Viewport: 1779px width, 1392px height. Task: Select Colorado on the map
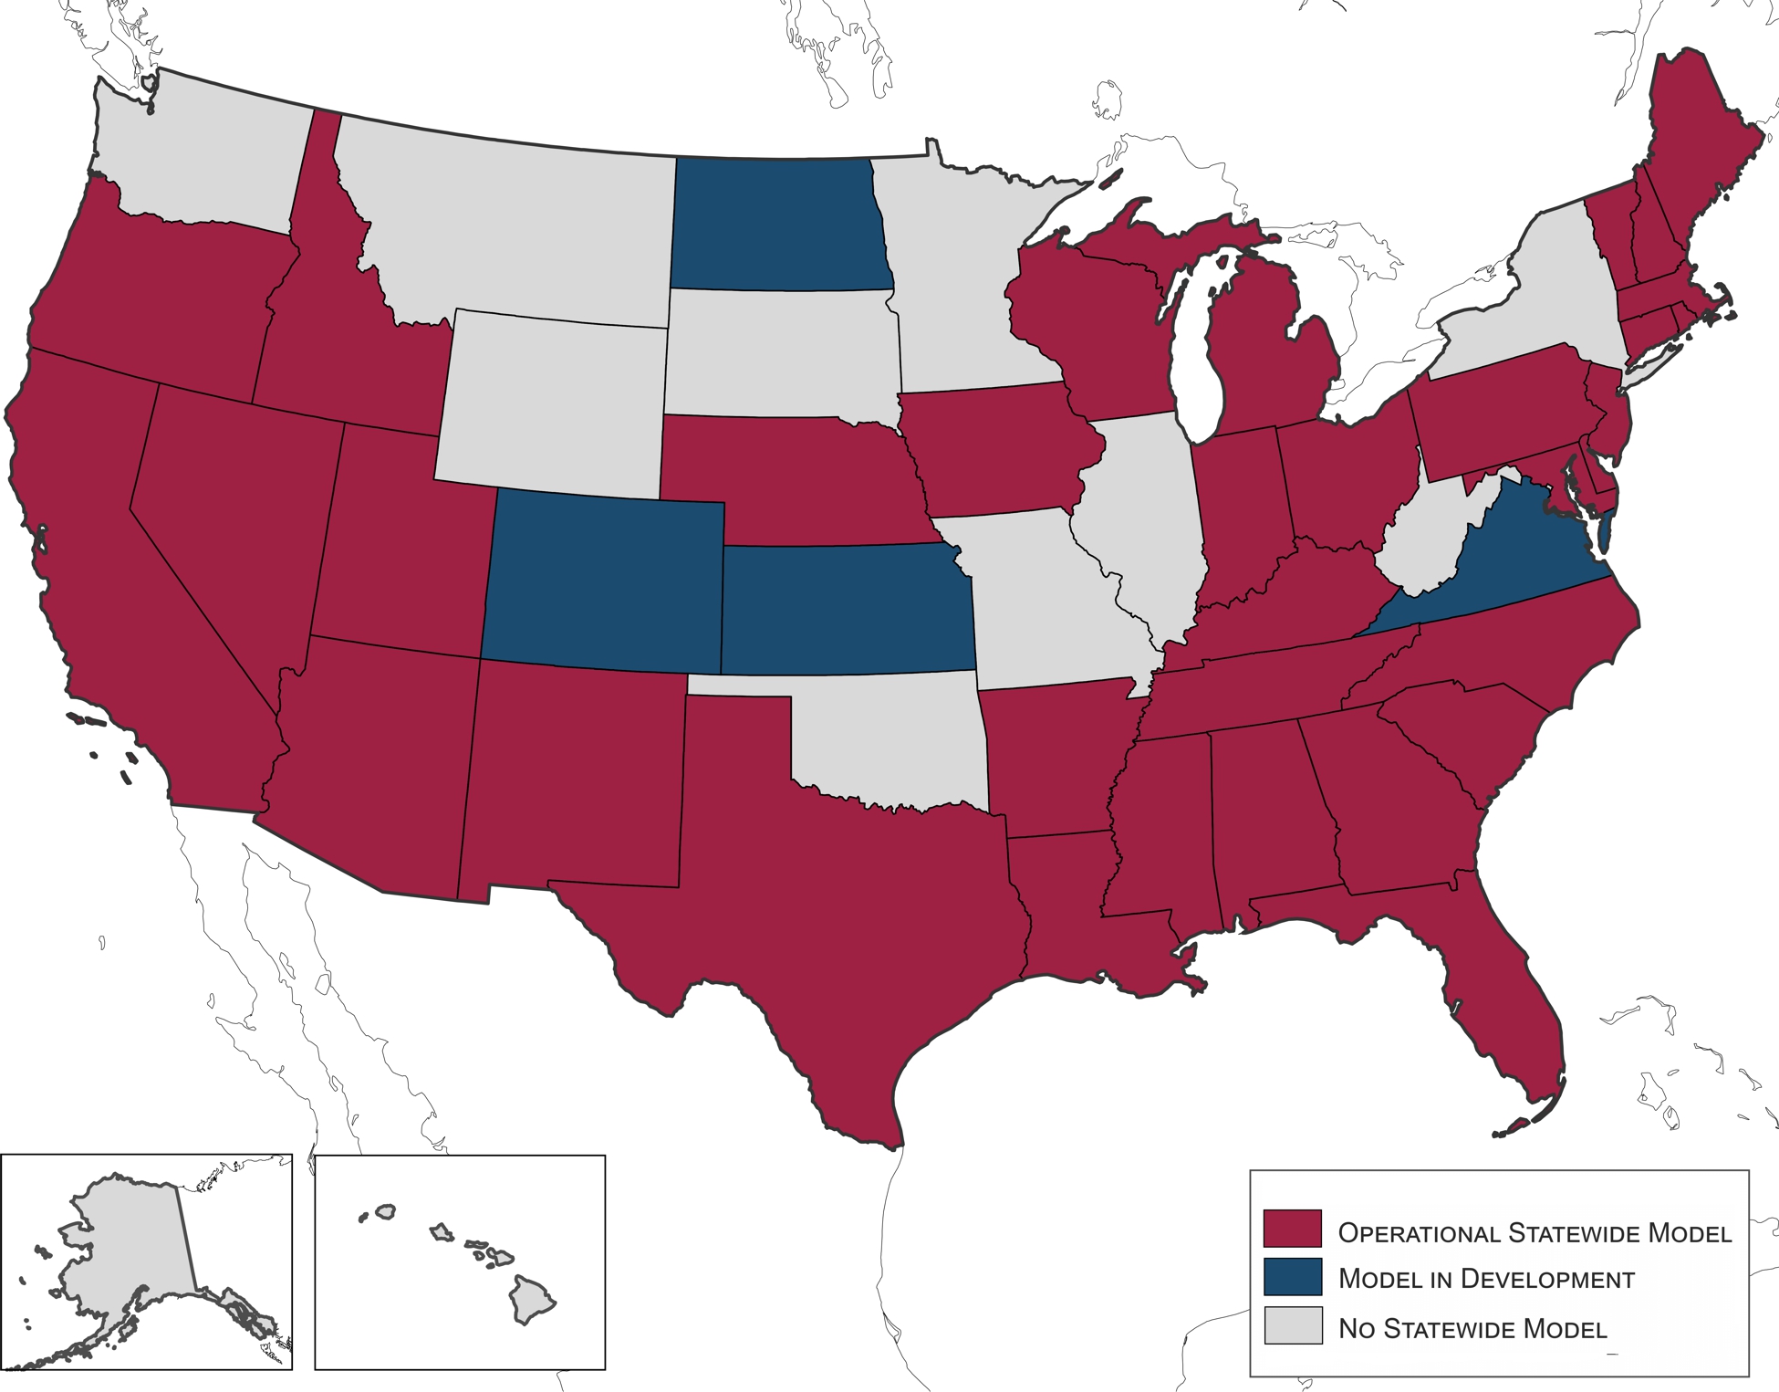pos(602,580)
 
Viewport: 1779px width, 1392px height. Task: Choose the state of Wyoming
pos(552,402)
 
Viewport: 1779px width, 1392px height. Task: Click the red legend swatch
pos(1292,1229)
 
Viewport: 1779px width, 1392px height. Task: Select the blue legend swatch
pos(1292,1277)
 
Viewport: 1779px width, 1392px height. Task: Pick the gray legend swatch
pos(1292,1325)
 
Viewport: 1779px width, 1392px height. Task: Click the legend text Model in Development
pos(1485,1279)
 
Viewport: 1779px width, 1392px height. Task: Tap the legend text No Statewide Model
pos(1472,1328)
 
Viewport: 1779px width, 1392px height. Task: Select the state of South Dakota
pos(775,356)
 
